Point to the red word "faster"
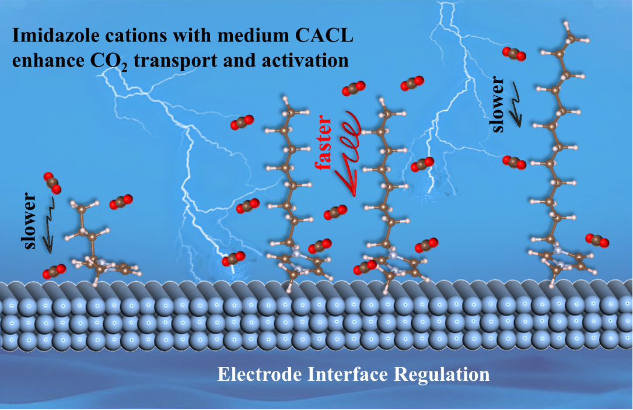tap(326, 142)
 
